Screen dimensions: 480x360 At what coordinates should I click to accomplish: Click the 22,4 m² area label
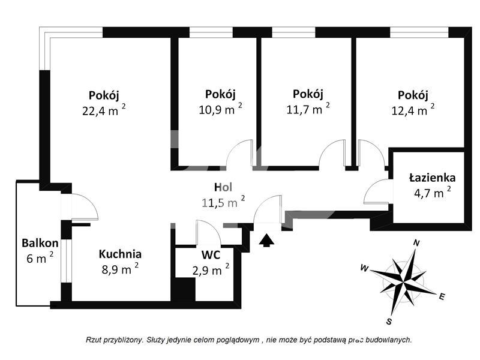(104, 110)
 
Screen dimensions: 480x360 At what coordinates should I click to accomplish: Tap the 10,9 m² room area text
(220, 109)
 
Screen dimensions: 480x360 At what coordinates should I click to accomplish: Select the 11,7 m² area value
(308, 109)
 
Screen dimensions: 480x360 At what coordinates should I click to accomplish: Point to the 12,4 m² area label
(413, 110)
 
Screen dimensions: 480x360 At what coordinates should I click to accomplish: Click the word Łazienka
(432, 178)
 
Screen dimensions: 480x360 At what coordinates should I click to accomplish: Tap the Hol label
(223, 187)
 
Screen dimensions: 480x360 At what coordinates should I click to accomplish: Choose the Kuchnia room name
(120, 254)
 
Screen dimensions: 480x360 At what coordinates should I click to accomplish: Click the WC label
(211, 254)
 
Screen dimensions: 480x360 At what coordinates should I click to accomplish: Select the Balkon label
(40, 243)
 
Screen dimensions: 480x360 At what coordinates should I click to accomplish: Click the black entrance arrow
(266, 239)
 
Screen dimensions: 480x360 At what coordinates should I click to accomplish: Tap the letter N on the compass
(416, 243)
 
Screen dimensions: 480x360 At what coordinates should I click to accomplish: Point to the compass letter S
(389, 322)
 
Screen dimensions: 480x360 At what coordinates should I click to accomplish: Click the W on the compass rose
(364, 268)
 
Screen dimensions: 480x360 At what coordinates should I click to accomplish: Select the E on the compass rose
(442, 296)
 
